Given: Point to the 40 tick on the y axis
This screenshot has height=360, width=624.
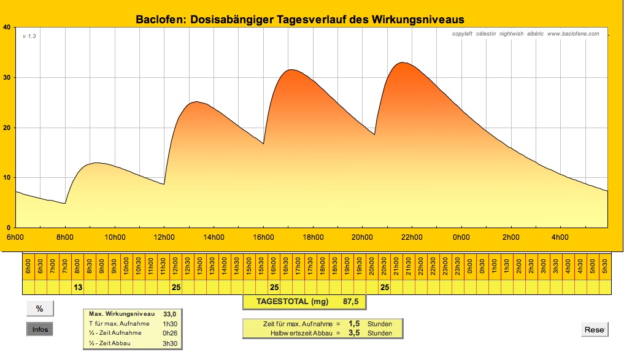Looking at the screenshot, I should [x=6, y=27].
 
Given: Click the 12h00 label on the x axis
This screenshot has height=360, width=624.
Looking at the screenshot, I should [x=164, y=237].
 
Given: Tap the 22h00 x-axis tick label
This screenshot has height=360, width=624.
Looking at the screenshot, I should [x=411, y=237].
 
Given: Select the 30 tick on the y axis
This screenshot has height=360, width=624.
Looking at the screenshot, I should [x=6, y=77].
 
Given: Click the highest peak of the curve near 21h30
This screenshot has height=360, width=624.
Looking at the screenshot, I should [x=403, y=63].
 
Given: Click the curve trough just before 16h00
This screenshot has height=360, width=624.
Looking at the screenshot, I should [x=263, y=144].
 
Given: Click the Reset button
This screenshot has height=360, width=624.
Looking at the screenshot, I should [x=594, y=330].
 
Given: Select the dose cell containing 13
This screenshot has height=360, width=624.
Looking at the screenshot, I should [x=78, y=287].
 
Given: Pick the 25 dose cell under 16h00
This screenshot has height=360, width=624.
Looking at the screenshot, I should [x=275, y=287].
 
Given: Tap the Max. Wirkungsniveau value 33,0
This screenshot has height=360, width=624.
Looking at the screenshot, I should [x=161, y=314].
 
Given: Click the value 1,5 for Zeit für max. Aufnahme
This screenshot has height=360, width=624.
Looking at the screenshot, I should [x=354, y=324].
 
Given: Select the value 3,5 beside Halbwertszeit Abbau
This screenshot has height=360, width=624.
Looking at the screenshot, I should [x=354, y=333].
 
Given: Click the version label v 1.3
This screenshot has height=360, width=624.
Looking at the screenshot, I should [x=29, y=36].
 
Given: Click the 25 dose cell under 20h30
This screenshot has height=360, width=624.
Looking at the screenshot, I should [x=385, y=287].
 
